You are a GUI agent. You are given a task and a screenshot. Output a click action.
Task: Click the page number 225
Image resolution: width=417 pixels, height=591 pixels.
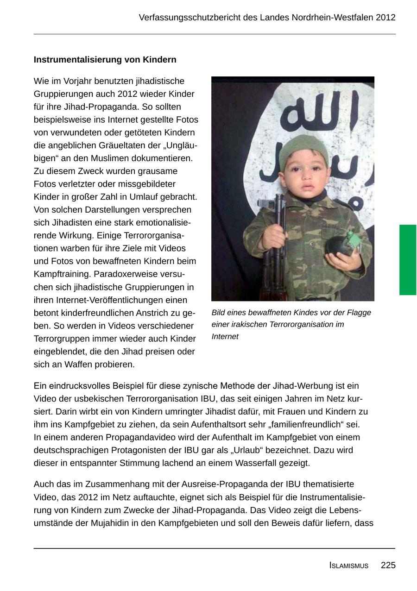pos(388,565)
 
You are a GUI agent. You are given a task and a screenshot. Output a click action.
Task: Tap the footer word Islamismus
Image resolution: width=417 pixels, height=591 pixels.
pos(349,566)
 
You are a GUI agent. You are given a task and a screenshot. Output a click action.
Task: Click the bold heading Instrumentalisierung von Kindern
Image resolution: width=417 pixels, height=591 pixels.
pos(105,60)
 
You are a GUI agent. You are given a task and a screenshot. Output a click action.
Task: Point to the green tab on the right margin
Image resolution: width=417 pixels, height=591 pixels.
pos(408,259)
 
